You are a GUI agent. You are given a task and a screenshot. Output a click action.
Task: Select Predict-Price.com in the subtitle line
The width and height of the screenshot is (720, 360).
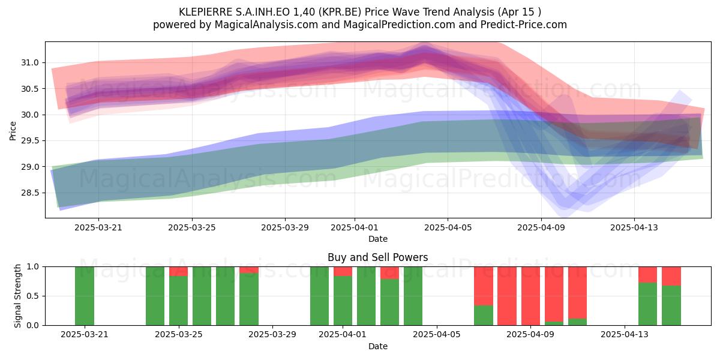[x=524, y=25]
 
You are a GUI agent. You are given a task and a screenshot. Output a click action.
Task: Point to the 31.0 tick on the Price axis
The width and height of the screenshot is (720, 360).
[x=30, y=62]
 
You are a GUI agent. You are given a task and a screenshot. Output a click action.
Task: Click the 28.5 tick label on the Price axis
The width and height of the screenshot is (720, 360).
[x=30, y=193]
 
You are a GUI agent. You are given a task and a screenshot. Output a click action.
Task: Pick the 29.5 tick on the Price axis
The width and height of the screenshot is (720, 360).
[x=30, y=141]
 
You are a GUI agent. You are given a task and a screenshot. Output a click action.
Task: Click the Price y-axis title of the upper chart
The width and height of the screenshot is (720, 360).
[x=13, y=131]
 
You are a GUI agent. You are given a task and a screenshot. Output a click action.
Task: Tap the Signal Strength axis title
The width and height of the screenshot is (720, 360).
[x=17, y=296]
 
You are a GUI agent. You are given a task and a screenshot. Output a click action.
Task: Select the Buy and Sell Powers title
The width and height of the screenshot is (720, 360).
[x=377, y=257]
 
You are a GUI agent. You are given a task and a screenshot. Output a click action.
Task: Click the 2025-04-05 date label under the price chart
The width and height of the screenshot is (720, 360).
[x=448, y=228]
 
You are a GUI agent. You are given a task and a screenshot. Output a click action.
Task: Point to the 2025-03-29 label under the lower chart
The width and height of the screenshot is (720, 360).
[x=272, y=335]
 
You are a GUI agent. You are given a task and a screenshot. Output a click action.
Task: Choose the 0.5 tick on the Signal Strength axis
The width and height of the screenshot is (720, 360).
[x=33, y=296]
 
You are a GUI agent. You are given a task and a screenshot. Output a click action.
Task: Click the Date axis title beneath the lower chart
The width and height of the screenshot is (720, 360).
[x=377, y=346]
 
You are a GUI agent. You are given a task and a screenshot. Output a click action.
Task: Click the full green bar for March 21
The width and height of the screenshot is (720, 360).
[x=85, y=296]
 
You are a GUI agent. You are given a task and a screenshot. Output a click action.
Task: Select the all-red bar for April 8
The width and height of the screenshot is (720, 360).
[x=507, y=296]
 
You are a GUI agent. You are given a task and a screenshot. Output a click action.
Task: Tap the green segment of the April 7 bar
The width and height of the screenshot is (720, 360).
[x=484, y=316]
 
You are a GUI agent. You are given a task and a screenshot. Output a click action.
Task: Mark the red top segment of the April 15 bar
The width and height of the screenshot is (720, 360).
[x=671, y=276]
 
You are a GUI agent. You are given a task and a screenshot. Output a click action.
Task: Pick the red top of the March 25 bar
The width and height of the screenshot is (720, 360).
[x=178, y=271]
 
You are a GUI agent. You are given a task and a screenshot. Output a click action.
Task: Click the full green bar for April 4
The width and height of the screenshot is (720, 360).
[x=413, y=296]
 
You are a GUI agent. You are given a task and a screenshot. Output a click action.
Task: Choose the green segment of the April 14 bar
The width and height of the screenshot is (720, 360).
[x=647, y=304]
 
